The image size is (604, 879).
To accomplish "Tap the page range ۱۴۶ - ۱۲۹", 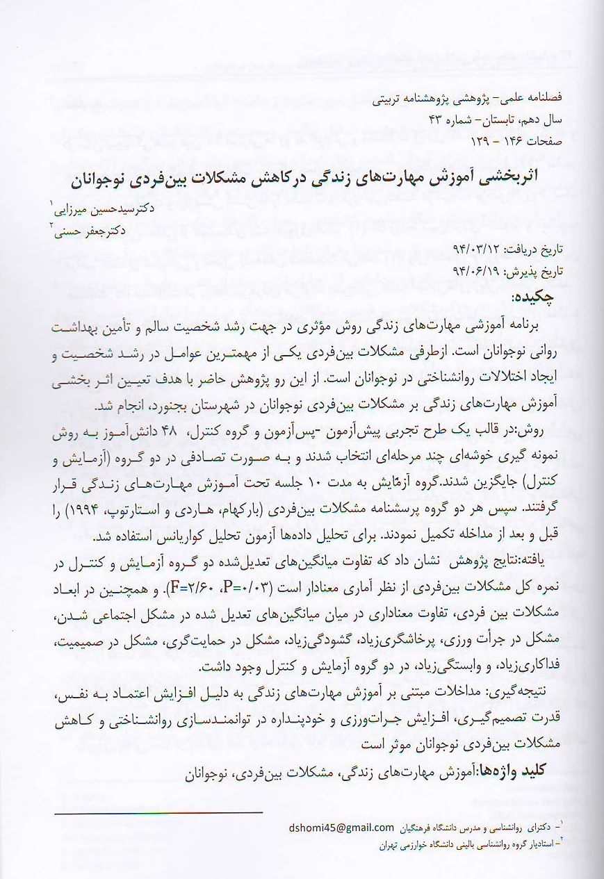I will point(459,140).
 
